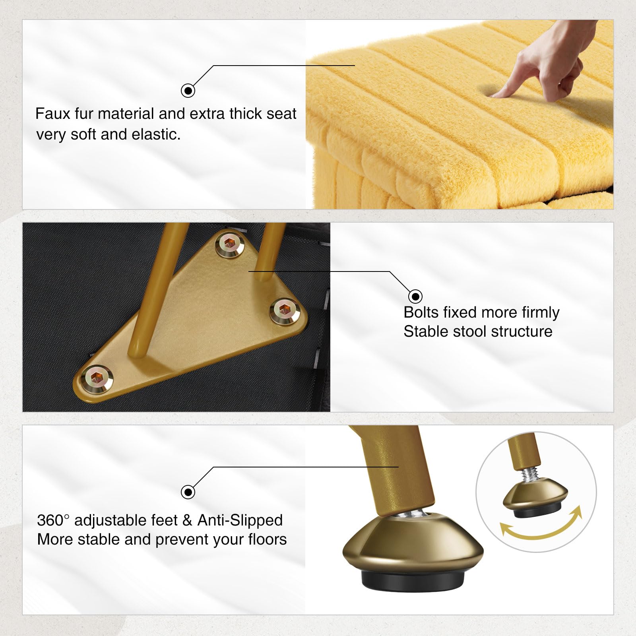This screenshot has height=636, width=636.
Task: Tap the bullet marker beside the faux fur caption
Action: pyautogui.click(x=188, y=91)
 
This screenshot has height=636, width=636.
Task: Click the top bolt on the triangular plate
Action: pyautogui.click(x=230, y=244)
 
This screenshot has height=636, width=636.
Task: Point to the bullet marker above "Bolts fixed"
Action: pyautogui.click(x=415, y=296)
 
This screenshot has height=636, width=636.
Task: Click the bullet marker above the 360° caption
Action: pyautogui.click(x=188, y=492)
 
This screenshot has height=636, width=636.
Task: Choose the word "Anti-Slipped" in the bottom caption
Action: pyautogui.click(x=240, y=520)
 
